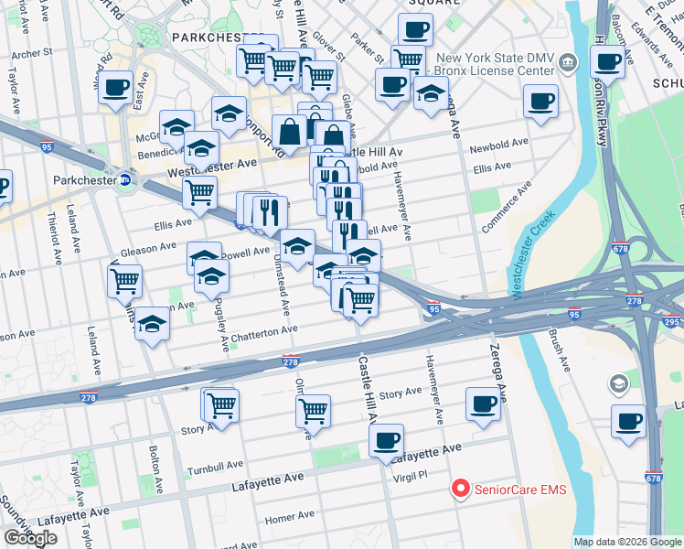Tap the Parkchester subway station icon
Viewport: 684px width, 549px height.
click(x=124, y=181)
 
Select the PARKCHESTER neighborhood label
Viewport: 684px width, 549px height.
click(x=214, y=38)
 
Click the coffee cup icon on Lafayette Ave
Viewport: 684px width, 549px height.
click(x=387, y=441)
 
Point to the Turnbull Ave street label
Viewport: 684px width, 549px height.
click(x=212, y=468)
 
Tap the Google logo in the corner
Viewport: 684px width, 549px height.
click(x=30, y=538)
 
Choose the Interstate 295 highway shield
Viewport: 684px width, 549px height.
click(x=672, y=321)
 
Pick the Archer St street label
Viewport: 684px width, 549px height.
click(x=32, y=54)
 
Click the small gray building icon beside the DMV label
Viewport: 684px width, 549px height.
click(x=569, y=63)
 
